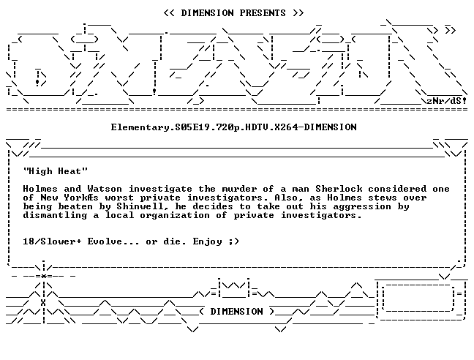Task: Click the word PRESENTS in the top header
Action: click(x=263, y=13)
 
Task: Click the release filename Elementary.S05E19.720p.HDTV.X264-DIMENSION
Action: click(x=233, y=127)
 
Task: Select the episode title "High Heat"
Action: click(x=56, y=171)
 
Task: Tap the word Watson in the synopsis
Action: click(x=105, y=189)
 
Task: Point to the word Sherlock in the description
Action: click(x=339, y=189)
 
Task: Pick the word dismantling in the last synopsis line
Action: click(x=55, y=215)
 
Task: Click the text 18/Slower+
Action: click(x=52, y=241)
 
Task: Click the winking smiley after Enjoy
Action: click(x=234, y=241)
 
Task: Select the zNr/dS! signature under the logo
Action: click(x=447, y=101)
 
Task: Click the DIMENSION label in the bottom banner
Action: click(x=237, y=312)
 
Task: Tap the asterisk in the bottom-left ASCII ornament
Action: click(x=44, y=276)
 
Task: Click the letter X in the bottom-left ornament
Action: click(x=43, y=303)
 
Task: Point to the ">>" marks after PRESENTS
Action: click(x=298, y=13)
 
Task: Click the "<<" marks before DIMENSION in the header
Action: click(x=169, y=13)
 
